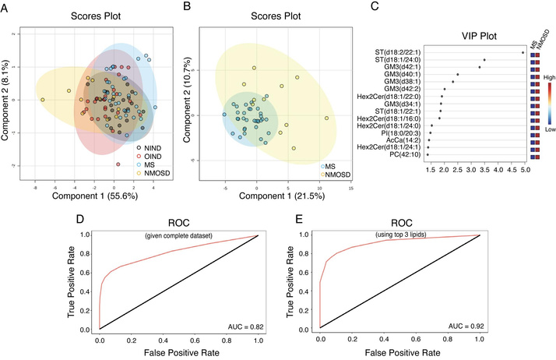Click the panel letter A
tap(6, 9)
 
